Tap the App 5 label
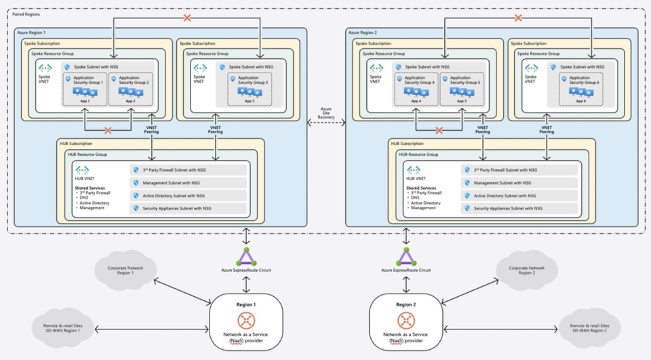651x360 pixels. [x=462, y=100]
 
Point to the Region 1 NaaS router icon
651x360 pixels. [x=245, y=321]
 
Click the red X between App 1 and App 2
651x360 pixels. [x=107, y=129]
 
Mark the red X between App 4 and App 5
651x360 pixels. [x=439, y=129]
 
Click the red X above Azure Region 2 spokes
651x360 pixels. [x=518, y=18]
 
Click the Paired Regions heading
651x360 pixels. [x=26, y=14]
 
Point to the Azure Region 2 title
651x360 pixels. [x=362, y=32]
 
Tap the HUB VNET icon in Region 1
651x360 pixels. [x=83, y=169]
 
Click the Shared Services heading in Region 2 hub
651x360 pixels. [x=422, y=188]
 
